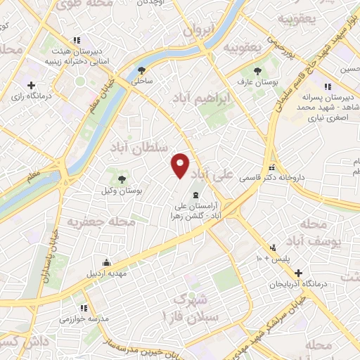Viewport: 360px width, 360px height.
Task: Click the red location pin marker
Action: point(180,165)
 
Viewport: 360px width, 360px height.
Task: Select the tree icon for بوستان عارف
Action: point(257,70)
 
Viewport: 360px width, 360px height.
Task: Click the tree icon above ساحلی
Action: point(143,70)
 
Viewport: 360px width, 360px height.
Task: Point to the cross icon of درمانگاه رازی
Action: point(31,84)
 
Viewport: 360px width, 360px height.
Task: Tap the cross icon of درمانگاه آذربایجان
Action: point(300,273)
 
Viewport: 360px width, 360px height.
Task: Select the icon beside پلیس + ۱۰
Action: point(273,247)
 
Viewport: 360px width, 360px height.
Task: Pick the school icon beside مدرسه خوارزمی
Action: point(84,308)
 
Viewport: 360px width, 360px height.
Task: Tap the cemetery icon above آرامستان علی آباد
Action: point(195,195)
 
